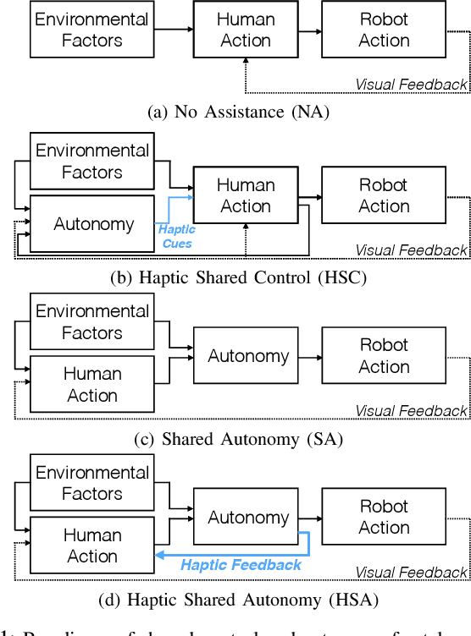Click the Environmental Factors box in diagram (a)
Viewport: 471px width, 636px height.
click(x=90, y=29)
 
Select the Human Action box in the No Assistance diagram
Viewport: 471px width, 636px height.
click(x=246, y=29)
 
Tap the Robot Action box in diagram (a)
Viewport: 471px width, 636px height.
click(x=384, y=29)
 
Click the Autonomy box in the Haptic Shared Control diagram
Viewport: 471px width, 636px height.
click(x=93, y=224)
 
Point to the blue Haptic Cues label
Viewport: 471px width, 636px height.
click(x=178, y=236)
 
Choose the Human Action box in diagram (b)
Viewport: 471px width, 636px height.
click(x=246, y=195)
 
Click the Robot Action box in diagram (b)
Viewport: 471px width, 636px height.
click(x=384, y=195)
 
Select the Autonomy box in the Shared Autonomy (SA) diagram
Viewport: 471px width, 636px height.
click(x=248, y=357)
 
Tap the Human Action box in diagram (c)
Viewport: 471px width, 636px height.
click(x=92, y=384)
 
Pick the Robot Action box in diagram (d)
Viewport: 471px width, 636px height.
click(x=384, y=517)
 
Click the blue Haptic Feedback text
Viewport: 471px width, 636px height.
click(x=241, y=565)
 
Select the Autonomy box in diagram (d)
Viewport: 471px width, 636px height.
click(x=248, y=517)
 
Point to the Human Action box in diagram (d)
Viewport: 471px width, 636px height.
click(x=92, y=546)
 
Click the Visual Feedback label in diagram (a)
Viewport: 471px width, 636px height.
click(x=411, y=84)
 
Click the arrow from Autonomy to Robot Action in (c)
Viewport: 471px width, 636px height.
click(x=312, y=357)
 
